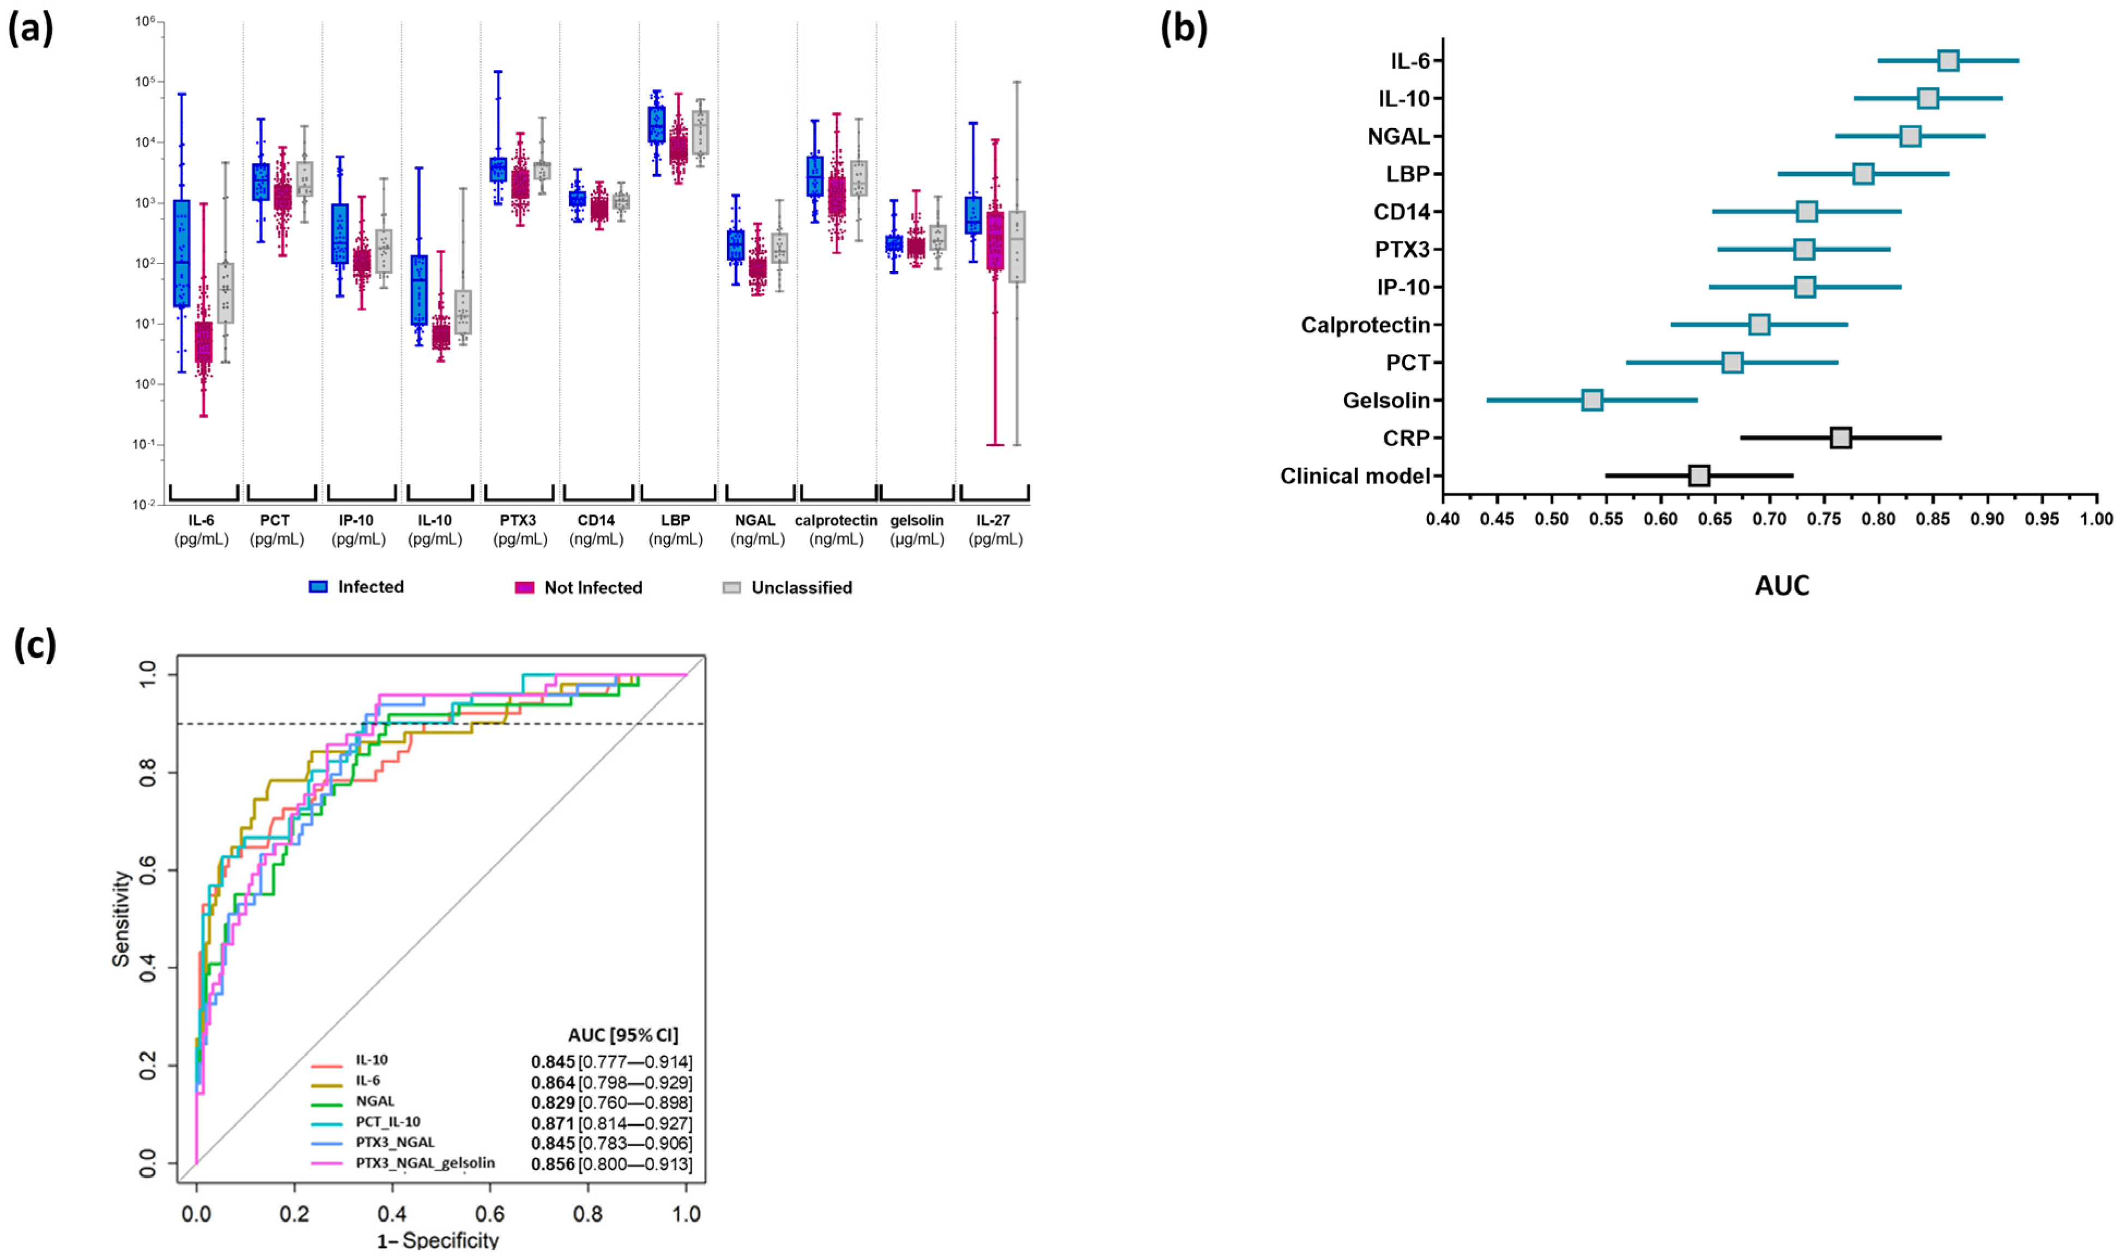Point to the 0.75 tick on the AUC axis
(1824, 519)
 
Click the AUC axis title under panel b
(1781, 586)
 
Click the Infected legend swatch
(318, 587)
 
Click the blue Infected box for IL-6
(181, 254)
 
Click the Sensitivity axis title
(121, 918)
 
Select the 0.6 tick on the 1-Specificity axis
(489, 1215)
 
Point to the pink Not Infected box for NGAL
(758, 271)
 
